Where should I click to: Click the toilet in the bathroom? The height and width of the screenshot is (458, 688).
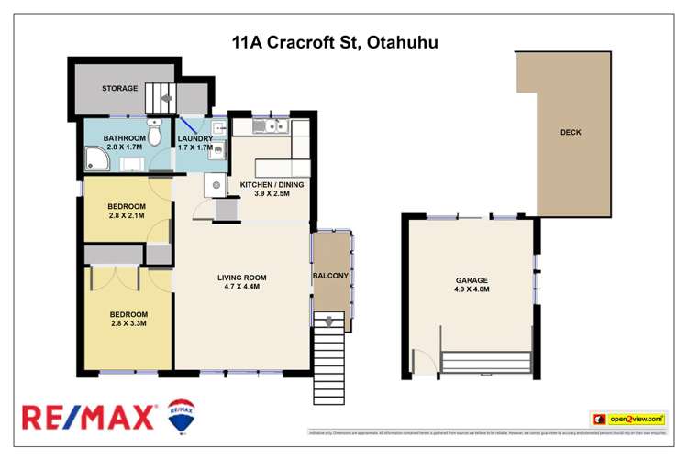pyautogui.click(x=155, y=135)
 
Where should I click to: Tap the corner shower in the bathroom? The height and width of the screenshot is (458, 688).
pyautogui.click(x=94, y=162)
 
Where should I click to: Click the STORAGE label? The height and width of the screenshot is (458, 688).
pyautogui.click(x=119, y=89)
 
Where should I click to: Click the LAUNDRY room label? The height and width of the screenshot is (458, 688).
pyautogui.click(x=194, y=138)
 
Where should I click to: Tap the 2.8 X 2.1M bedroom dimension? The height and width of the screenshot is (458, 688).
pyautogui.click(x=128, y=216)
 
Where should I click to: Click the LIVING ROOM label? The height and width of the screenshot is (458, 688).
pyautogui.click(x=241, y=278)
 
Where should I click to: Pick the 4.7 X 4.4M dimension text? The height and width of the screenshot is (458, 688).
pyautogui.click(x=241, y=288)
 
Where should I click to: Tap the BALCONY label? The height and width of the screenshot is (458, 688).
pyautogui.click(x=330, y=276)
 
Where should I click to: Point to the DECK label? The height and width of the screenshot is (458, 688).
pyautogui.click(x=571, y=133)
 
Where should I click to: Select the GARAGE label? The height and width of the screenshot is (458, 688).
pyautogui.click(x=472, y=280)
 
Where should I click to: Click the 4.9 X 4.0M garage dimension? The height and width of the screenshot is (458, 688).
pyautogui.click(x=472, y=290)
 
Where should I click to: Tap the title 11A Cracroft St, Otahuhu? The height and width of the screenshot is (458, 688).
pyautogui.click(x=335, y=42)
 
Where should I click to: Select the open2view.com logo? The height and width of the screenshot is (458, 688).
pyautogui.click(x=628, y=419)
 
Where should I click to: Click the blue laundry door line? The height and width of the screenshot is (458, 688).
pyautogui.click(x=187, y=125)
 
